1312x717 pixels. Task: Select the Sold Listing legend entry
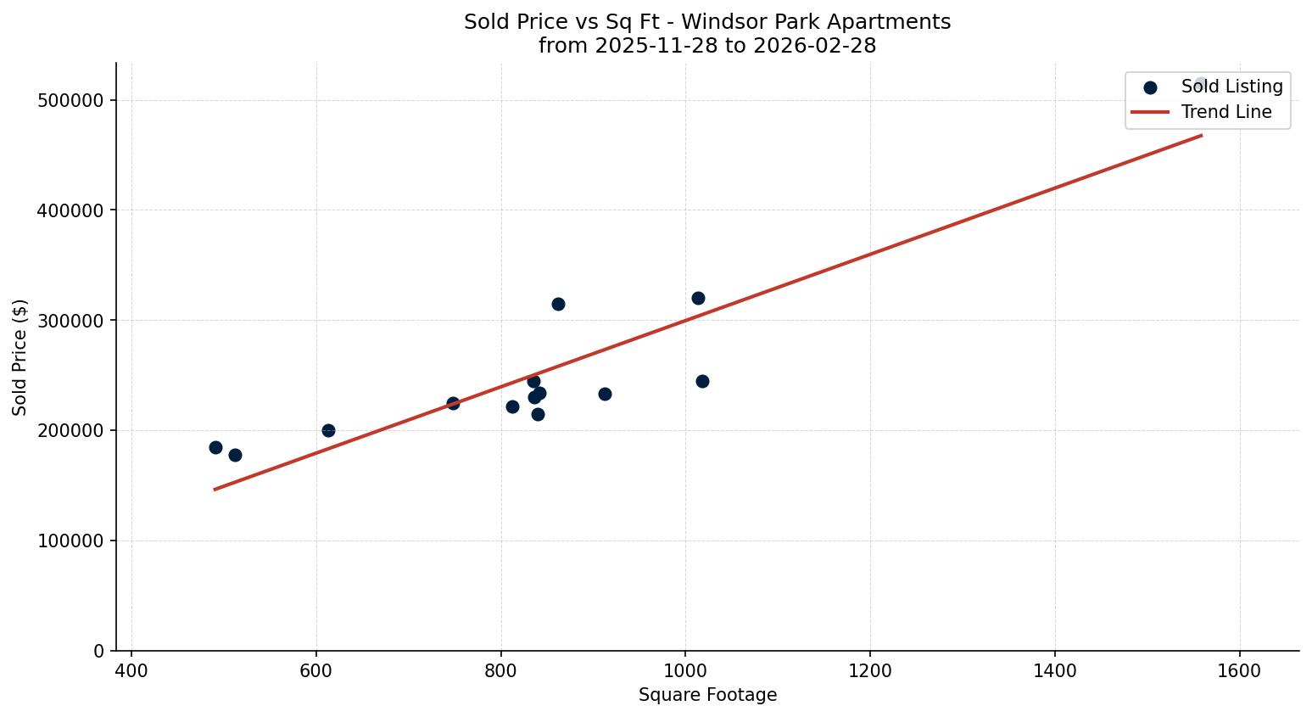[1231, 87]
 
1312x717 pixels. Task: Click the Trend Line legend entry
[1225, 112]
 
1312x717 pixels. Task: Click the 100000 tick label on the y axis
[70, 541]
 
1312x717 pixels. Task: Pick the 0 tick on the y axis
[99, 651]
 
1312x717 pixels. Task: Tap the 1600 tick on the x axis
[1239, 670]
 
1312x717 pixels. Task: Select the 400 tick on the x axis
[131, 670]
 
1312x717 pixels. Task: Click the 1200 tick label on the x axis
[870, 670]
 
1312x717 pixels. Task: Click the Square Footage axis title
[707, 696]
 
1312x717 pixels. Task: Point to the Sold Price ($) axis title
[20, 357]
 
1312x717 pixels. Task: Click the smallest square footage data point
[215, 447]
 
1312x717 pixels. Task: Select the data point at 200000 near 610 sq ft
[328, 430]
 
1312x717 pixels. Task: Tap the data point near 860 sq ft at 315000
[558, 304]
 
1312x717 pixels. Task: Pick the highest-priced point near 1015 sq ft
[698, 298]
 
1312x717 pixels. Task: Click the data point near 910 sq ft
[605, 394]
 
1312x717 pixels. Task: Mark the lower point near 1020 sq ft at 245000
[702, 381]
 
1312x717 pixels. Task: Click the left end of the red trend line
[215, 490]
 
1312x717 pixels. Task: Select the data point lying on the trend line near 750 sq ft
[453, 403]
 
